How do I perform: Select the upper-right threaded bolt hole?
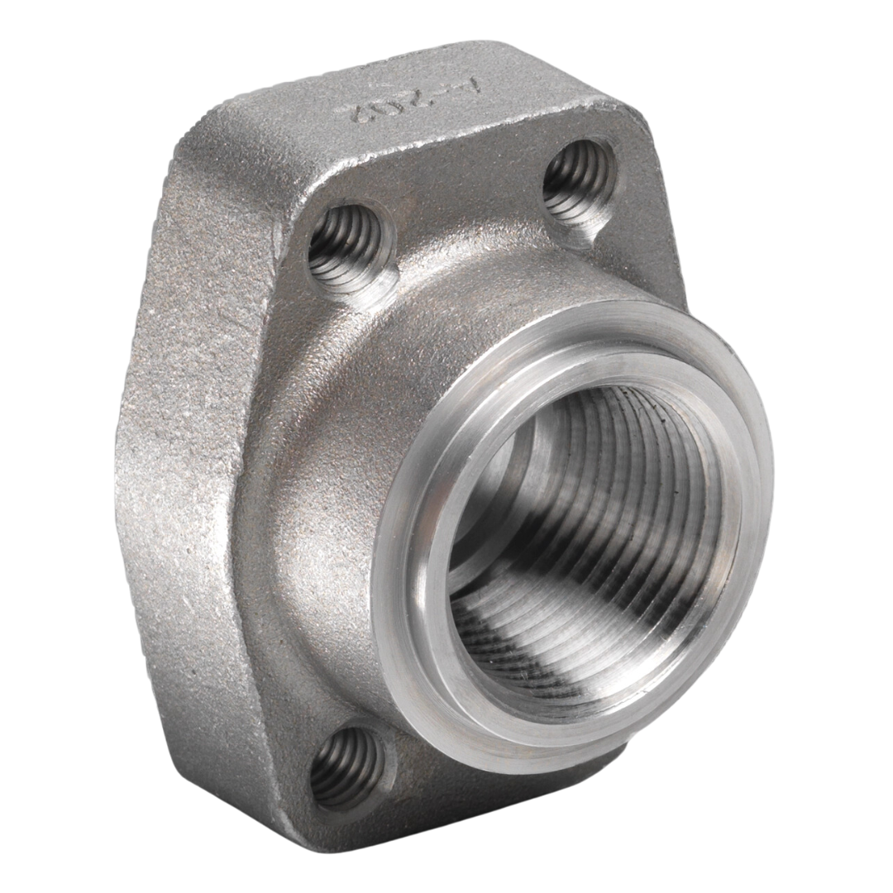tap(578, 181)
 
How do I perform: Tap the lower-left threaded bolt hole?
tap(346, 766)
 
